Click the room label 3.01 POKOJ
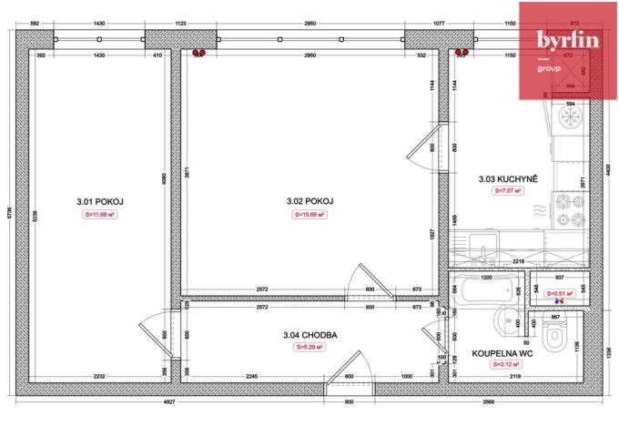(x=98, y=201)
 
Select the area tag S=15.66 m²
(x=309, y=215)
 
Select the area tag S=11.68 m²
(x=98, y=215)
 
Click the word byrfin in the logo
(x=567, y=40)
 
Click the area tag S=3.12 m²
(x=502, y=364)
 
